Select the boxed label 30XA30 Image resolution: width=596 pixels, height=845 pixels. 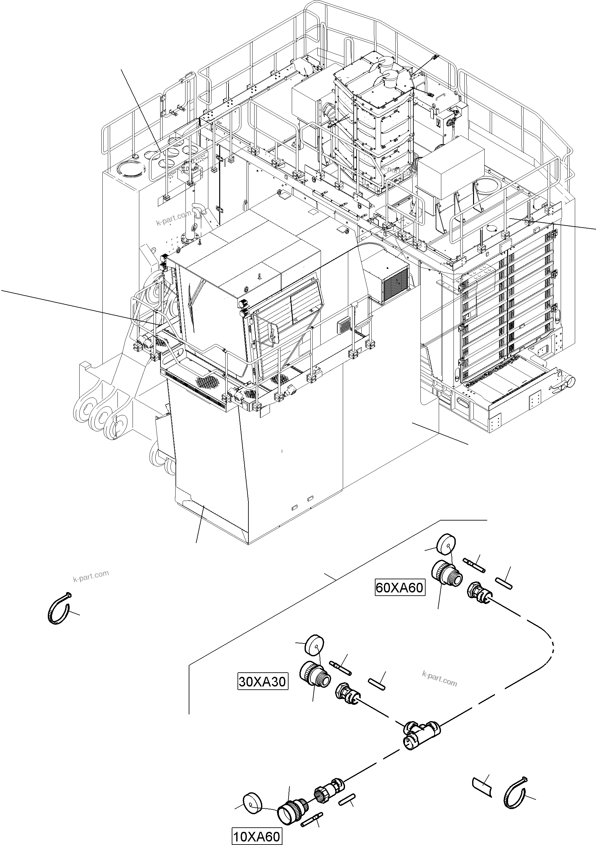point(262,682)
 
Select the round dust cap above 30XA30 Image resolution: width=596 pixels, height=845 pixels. point(314,644)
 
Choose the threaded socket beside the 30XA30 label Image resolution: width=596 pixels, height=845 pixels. point(315,675)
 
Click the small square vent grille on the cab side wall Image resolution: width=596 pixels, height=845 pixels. point(345,325)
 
